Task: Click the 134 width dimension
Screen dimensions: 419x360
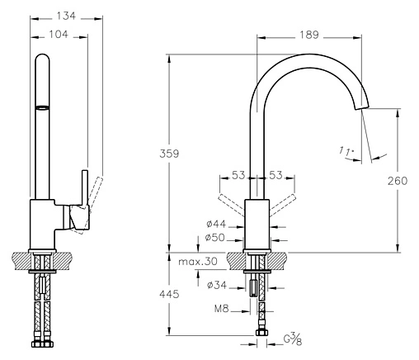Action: tap(66, 16)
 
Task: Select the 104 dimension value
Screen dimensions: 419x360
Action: tap(59, 35)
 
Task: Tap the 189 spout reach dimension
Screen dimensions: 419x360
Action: tap(309, 35)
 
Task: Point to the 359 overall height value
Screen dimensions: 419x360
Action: tap(169, 154)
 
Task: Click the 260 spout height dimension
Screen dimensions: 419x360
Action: tap(398, 181)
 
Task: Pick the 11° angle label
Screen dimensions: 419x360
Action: tap(346, 151)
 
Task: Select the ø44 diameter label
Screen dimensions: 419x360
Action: tap(216, 224)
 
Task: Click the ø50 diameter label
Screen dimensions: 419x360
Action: tap(215, 237)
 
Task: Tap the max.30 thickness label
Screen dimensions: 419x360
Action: tap(198, 262)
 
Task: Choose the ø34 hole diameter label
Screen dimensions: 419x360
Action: tap(217, 285)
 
